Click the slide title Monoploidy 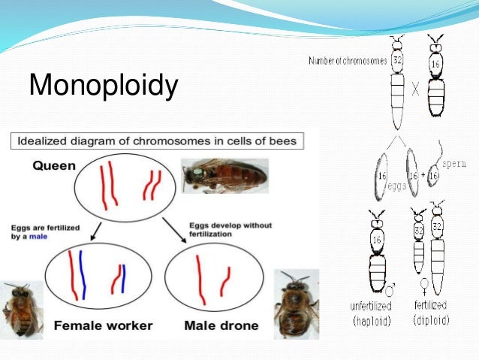pos(104,85)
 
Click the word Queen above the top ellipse pos(54,166)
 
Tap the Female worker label pos(104,325)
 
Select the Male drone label pos(221,325)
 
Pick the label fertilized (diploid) pos(432,313)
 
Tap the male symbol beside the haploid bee pos(390,287)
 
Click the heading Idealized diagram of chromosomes pos(158,141)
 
